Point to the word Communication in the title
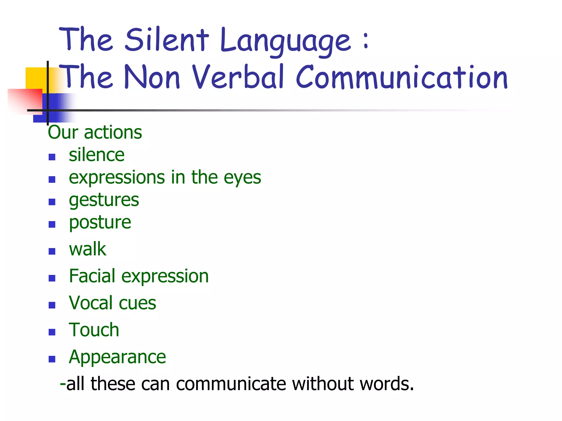(x=402, y=77)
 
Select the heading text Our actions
(x=95, y=132)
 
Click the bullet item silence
(x=97, y=155)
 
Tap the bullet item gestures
(x=104, y=200)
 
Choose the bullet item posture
(x=100, y=223)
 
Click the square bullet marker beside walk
(x=52, y=251)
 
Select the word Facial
(x=92, y=276)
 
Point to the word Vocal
(x=91, y=303)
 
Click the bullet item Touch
(x=94, y=330)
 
